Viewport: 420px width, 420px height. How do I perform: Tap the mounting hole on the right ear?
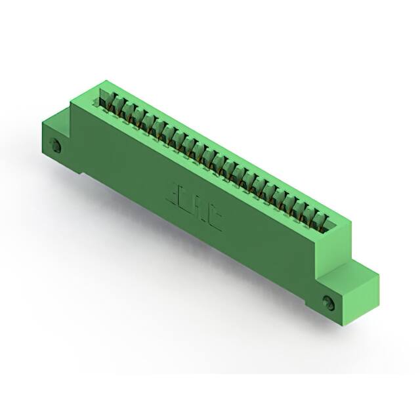[x=329, y=302]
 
